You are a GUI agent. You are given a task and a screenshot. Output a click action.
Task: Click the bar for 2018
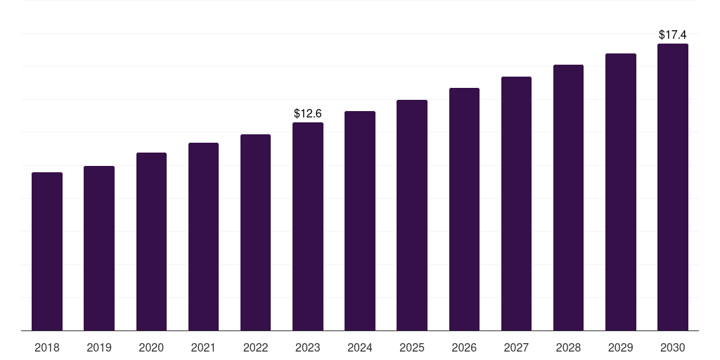[47, 251]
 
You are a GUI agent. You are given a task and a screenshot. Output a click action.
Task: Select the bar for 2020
[151, 241]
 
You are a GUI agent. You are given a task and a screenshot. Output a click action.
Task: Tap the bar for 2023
[308, 226]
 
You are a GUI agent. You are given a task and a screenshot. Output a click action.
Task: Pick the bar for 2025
[412, 215]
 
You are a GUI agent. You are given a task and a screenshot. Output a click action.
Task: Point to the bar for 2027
[516, 203]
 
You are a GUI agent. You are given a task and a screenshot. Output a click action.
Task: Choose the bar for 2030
[673, 187]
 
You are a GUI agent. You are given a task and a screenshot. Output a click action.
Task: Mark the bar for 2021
[203, 236]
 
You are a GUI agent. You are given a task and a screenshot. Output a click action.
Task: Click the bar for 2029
[621, 192]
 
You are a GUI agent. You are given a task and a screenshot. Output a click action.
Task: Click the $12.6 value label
[308, 113]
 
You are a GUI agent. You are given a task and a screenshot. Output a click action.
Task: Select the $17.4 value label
[673, 34]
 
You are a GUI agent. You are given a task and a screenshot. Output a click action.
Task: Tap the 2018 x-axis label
[47, 347]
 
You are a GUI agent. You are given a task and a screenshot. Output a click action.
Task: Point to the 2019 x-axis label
[99, 347]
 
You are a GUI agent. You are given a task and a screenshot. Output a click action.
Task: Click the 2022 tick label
[256, 347]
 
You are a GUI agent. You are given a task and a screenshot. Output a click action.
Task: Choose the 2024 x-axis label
[360, 347]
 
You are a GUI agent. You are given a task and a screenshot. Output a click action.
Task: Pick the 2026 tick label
[464, 347]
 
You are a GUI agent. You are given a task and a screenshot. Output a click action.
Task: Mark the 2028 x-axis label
[568, 347]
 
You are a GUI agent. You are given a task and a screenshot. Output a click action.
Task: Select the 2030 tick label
[673, 347]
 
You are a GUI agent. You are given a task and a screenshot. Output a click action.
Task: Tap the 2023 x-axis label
[308, 347]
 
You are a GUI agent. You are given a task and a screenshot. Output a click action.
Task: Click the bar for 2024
[360, 221]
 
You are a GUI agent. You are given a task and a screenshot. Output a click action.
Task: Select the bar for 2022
[256, 232]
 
